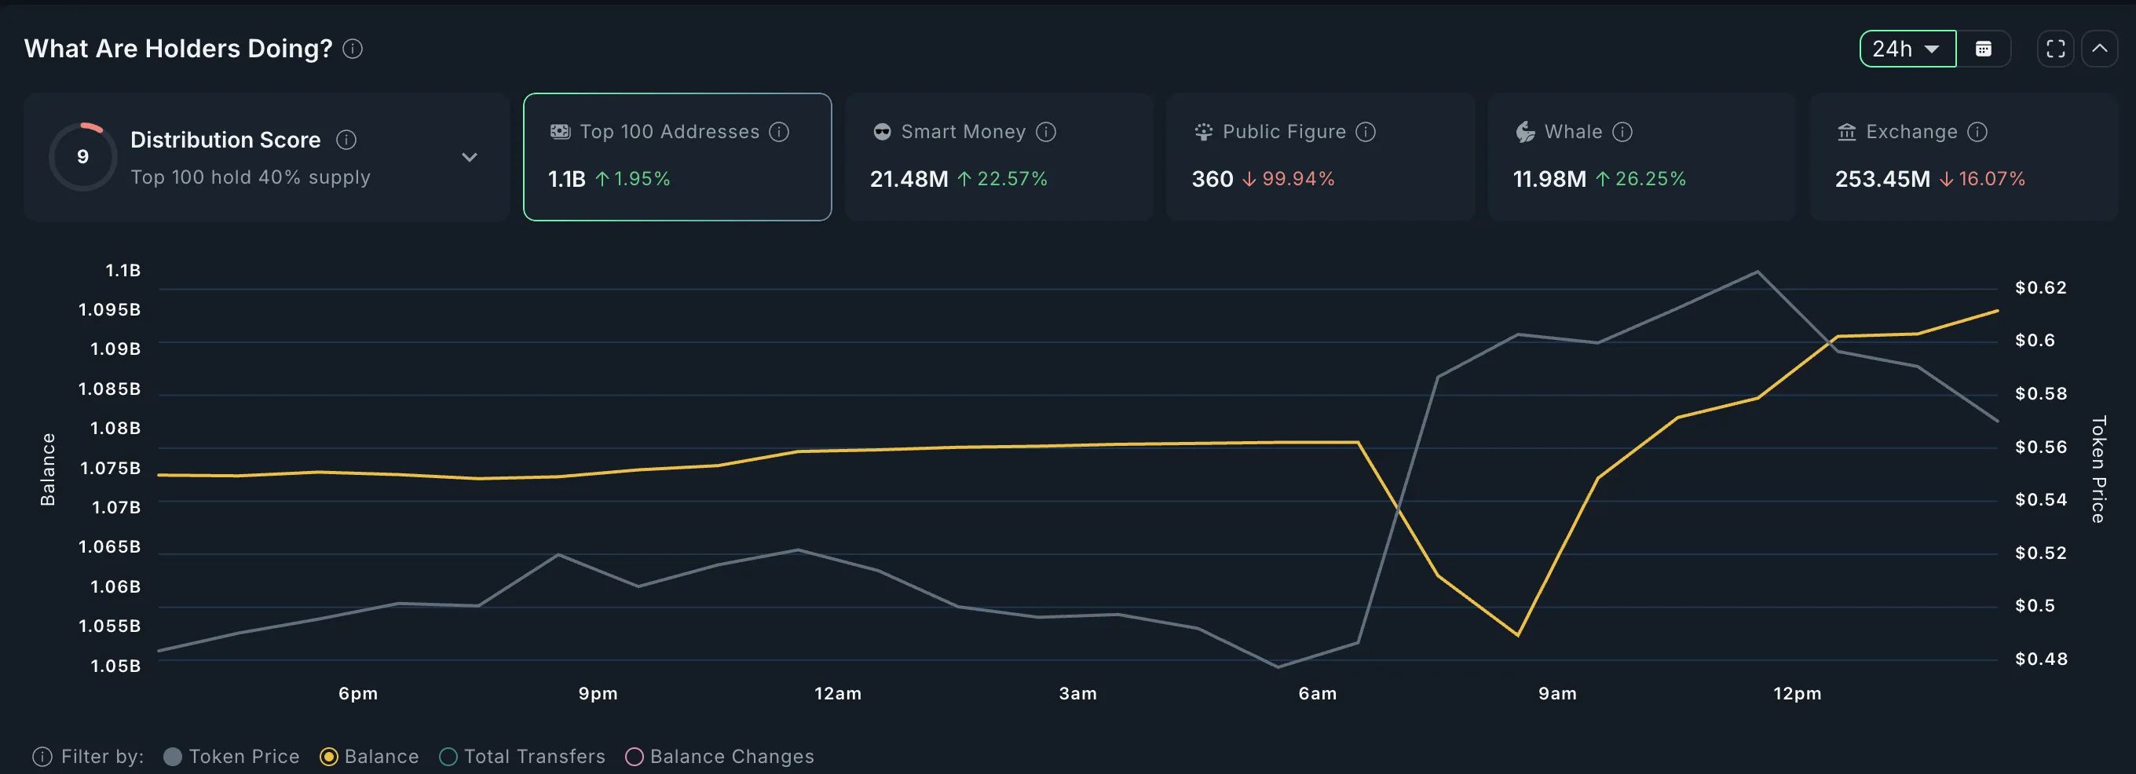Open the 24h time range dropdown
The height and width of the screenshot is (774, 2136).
coord(1907,49)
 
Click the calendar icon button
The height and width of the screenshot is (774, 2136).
coord(1984,49)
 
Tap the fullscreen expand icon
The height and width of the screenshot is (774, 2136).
coord(2056,49)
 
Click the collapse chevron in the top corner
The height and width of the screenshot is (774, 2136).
coord(2100,49)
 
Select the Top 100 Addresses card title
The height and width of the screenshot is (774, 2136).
coord(668,132)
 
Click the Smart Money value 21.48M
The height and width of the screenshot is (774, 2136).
coord(909,179)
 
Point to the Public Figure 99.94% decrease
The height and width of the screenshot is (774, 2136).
coord(1289,179)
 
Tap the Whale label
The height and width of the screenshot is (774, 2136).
coord(1573,132)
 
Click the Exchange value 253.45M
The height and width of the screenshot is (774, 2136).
coord(1882,179)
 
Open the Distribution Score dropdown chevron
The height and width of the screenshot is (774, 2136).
coord(470,158)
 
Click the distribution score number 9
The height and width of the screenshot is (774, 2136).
coord(83,157)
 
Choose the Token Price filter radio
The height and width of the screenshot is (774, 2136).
coord(173,757)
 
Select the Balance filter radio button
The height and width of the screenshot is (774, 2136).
coord(329,757)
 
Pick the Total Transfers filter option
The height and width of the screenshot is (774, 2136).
coord(448,757)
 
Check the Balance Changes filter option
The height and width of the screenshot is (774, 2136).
coord(635,757)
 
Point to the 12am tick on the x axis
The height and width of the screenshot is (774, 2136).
coord(837,694)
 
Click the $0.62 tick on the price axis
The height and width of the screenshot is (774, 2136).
coord(2041,287)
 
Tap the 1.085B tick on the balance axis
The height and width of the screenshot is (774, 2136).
coord(109,389)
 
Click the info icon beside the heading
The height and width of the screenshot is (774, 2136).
coord(353,49)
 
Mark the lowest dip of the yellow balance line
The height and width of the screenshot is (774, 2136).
coord(1517,636)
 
